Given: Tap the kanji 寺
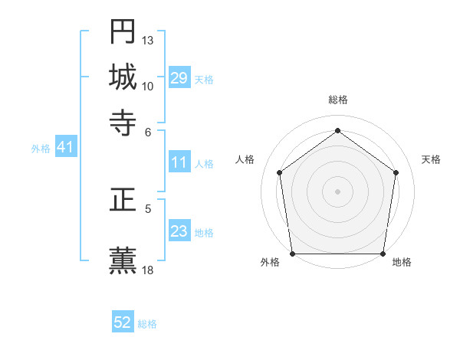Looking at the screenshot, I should pyautogui.click(x=123, y=122).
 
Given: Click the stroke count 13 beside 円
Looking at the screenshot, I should pyautogui.click(x=148, y=40).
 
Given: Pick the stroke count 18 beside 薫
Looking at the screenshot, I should pyautogui.click(x=148, y=270).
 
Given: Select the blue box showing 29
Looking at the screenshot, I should pyautogui.click(x=179, y=78).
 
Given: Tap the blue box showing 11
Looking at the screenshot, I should pyautogui.click(x=179, y=162).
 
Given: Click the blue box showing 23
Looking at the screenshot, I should pyautogui.click(x=179, y=231).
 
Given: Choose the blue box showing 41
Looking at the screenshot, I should pyautogui.click(x=65, y=148).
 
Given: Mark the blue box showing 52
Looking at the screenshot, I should pyautogui.click(x=123, y=322).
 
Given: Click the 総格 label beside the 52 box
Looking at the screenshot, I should pyautogui.click(x=147, y=324).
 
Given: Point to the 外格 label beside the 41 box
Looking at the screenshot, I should pyautogui.click(x=41, y=149).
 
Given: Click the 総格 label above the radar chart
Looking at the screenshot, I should pyautogui.click(x=338, y=100).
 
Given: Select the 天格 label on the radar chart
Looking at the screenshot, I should pyautogui.click(x=431, y=159).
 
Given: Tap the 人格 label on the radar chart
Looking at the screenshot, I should pyautogui.click(x=245, y=159).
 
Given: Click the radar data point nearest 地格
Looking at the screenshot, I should pyautogui.click(x=383, y=254).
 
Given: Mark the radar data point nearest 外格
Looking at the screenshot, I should pyautogui.click(x=292, y=254).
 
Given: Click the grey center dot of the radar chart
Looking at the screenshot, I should pyautogui.click(x=337, y=191).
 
